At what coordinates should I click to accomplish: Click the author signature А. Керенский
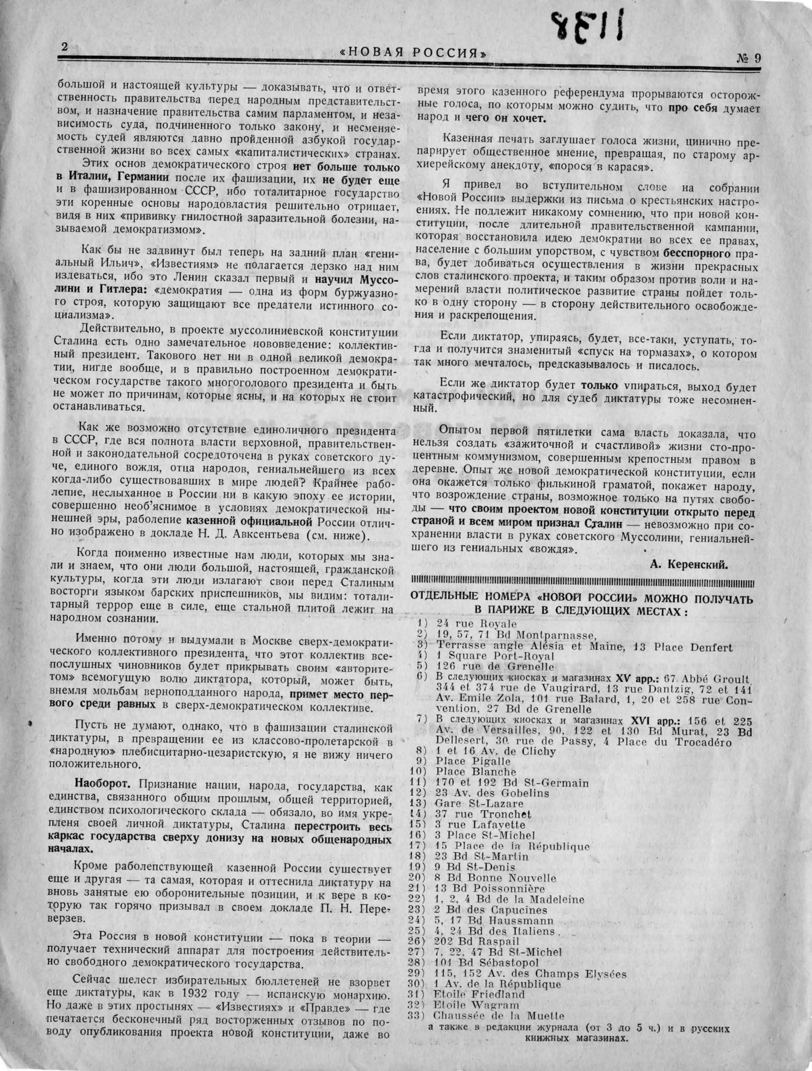(689, 563)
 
